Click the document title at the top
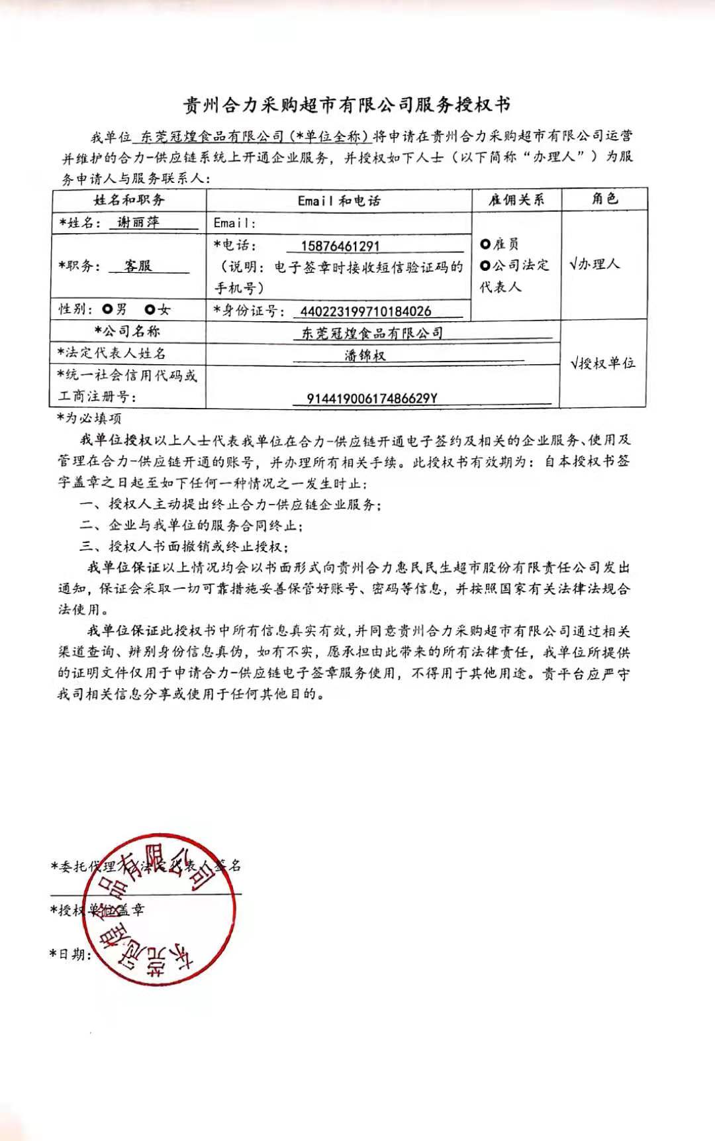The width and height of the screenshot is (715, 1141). [346, 105]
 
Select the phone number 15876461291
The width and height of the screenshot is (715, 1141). [340, 246]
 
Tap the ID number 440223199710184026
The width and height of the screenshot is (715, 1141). [365, 311]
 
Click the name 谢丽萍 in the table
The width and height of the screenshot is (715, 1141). [138, 223]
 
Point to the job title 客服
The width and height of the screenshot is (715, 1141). [138, 266]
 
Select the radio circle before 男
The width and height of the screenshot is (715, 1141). [108, 309]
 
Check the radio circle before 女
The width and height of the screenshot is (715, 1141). [150, 309]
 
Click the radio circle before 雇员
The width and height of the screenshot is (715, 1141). [485, 244]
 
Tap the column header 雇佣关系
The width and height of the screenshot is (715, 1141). [516, 199]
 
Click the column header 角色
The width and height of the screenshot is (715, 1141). [604, 199]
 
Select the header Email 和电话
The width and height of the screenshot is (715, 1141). [339, 201]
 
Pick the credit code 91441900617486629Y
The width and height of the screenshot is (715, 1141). [372, 399]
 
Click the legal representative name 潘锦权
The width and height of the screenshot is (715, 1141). [365, 356]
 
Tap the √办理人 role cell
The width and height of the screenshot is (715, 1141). [595, 264]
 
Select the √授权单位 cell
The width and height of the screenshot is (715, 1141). [603, 363]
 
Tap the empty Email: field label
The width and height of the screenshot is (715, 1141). [234, 223]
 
